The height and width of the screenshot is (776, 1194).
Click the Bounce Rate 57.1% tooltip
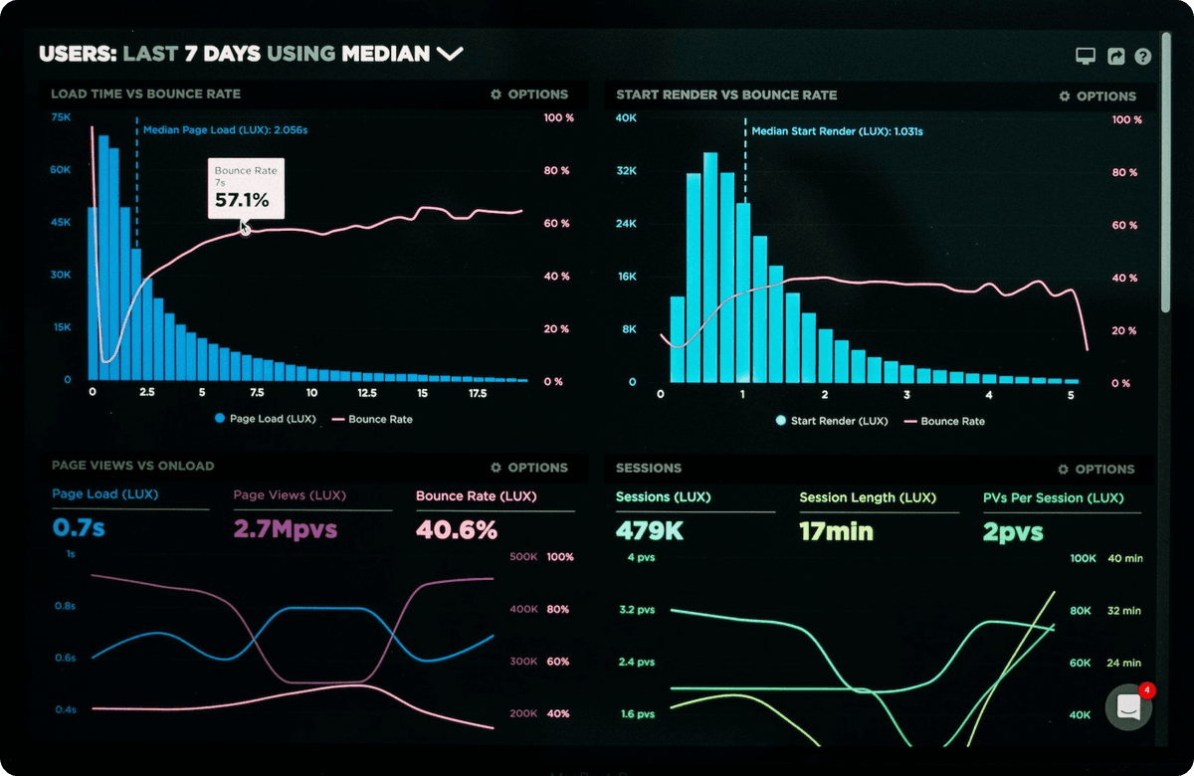246,189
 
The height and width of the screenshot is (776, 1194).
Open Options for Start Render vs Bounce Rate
1097,97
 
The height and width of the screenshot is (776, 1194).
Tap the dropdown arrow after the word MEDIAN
450,54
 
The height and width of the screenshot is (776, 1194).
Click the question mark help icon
1142,57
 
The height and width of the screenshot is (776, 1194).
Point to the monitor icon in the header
1086,57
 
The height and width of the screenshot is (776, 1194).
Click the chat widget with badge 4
1129,706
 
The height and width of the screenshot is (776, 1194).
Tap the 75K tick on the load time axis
61,117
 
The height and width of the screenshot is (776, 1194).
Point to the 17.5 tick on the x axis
477,394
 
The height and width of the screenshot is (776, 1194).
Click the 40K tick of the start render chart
626,118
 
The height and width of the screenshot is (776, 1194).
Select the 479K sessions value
650,530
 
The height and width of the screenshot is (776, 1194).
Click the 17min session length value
836,531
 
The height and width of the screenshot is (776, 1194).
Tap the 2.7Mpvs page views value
286,528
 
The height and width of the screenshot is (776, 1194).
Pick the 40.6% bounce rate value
457,529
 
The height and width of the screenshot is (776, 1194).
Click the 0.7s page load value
79,527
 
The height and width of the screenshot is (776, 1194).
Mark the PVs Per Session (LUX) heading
1053,497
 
